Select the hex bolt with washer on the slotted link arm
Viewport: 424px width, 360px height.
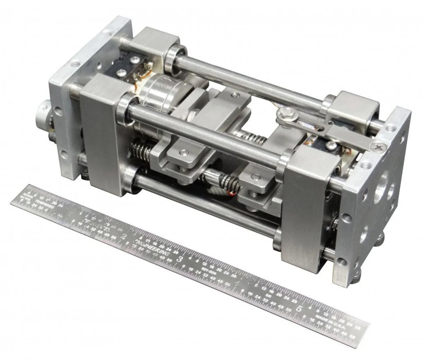[285, 112]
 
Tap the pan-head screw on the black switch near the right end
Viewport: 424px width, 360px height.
[331, 146]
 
